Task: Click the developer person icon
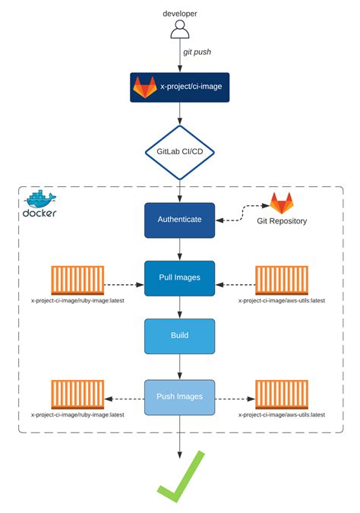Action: click(180, 30)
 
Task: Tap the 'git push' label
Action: click(197, 52)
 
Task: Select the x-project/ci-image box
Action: click(180, 87)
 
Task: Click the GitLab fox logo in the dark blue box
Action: click(145, 87)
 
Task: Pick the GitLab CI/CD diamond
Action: click(180, 152)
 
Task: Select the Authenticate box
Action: click(180, 219)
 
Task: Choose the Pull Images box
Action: click(180, 277)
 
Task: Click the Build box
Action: click(180, 334)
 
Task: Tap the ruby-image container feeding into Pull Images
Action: click(77, 280)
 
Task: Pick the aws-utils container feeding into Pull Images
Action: click(282, 280)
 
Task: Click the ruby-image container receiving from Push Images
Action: click(77, 394)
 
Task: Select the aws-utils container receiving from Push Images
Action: click(282, 394)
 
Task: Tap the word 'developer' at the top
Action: click(180, 13)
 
